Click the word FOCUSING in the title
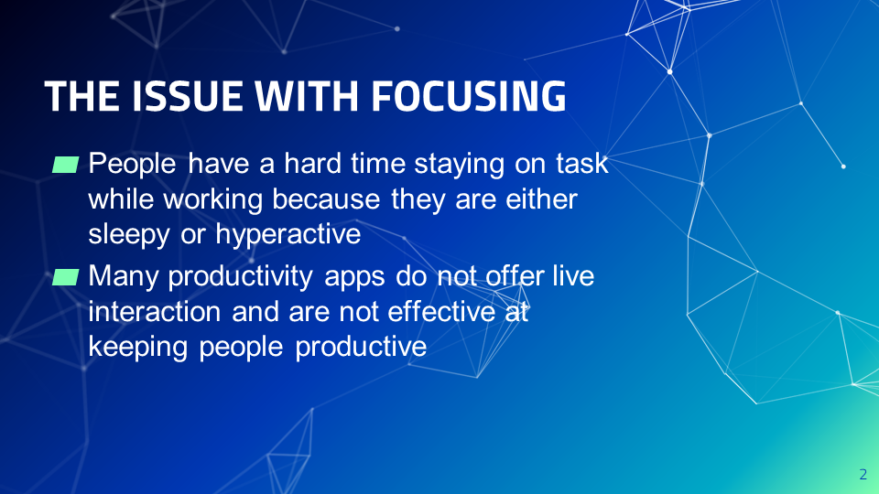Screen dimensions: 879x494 468,96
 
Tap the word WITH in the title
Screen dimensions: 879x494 307,96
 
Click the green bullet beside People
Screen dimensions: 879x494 66,165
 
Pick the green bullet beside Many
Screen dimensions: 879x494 66,277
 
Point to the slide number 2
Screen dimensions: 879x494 863,475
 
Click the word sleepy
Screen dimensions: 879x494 129,235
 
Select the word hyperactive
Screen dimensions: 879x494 288,235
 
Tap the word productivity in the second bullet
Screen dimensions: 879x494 241,277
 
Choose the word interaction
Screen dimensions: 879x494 155,311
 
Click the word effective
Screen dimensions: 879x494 441,311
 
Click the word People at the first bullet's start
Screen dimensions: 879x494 132,165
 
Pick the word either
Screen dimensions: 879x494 541,199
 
